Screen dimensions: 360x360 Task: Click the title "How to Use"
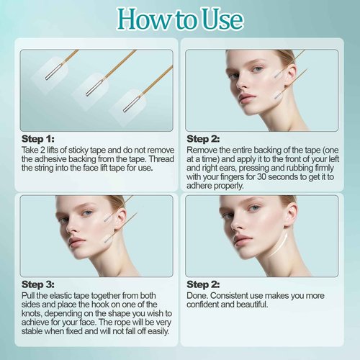(180, 19)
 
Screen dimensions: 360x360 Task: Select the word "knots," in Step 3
(33, 313)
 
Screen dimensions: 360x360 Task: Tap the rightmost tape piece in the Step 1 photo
(132, 102)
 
